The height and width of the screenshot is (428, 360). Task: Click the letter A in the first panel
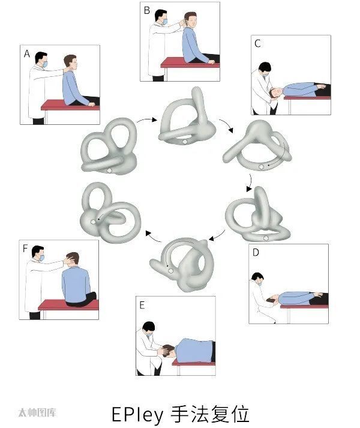(27, 54)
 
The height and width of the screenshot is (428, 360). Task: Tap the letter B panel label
(147, 10)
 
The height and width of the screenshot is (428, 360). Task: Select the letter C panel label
(257, 44)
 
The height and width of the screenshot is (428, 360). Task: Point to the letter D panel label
(256, 253)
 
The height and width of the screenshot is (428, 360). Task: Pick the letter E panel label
(142, 305)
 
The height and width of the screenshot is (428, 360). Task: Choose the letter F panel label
(25, 249)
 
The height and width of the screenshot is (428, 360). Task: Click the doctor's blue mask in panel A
(45, 64)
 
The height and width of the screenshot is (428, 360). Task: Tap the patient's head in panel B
(190, 20)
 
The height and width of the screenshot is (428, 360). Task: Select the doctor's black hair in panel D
(257, 276)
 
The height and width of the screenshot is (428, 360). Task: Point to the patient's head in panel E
(169, 351)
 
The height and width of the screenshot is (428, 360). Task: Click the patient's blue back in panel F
(76, 284)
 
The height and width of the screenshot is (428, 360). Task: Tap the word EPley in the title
(137, 415)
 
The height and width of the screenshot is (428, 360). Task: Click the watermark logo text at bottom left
(37, 412)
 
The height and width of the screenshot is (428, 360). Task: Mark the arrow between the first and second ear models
(147, 120)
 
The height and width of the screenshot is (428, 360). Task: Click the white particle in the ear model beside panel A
(109, 170)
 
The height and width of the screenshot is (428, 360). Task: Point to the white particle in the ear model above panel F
(93, 222)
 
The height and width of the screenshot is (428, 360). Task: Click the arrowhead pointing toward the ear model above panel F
(148, 234)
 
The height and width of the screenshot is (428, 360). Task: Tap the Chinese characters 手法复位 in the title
(209, 415)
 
